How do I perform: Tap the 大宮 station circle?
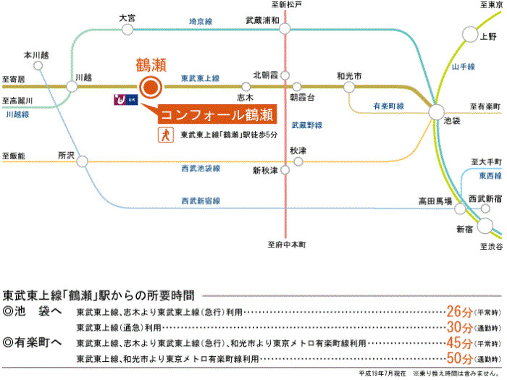pyautogui.click(x=127, y=29)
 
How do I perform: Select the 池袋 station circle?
pyautogui.click(x=436, y=112)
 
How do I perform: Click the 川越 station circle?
pyautogui.click(x=72, y=87)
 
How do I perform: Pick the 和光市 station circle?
pyautogui.click(x=350, y=87)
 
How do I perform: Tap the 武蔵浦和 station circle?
pyautogui.click(x=285, y=29)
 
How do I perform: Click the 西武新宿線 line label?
pyautogui.click(x=201, y=200)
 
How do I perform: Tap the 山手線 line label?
pyautogui.click(x=462, y=67)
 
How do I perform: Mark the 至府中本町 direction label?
pyautogui.click(x=286, y=245)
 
